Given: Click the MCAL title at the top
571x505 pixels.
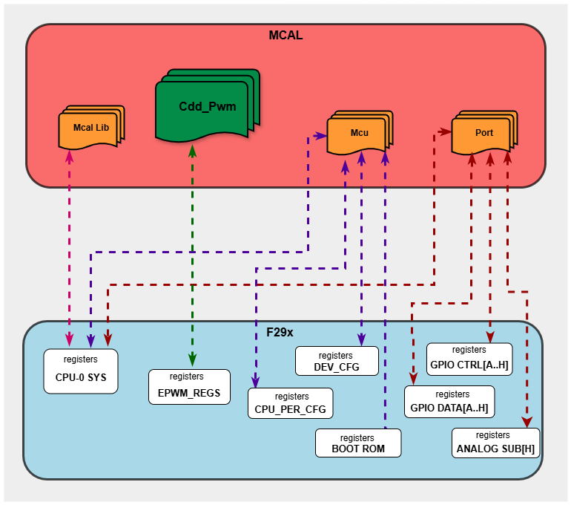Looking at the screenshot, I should coord(285,35).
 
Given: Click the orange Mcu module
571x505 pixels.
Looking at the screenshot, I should coord(358,133).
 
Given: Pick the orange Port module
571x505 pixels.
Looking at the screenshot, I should coord(483,133).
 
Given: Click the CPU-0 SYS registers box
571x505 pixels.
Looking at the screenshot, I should coord(81,370).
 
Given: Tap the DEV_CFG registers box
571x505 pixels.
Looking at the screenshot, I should coord(337,361).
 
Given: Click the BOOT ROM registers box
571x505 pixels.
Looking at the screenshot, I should coord(358,443).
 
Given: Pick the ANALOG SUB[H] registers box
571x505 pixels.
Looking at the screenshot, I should coord(495,443).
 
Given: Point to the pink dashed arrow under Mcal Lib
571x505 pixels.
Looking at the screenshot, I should coord(70,245).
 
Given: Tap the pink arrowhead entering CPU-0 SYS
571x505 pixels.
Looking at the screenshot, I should coord(70,341).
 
